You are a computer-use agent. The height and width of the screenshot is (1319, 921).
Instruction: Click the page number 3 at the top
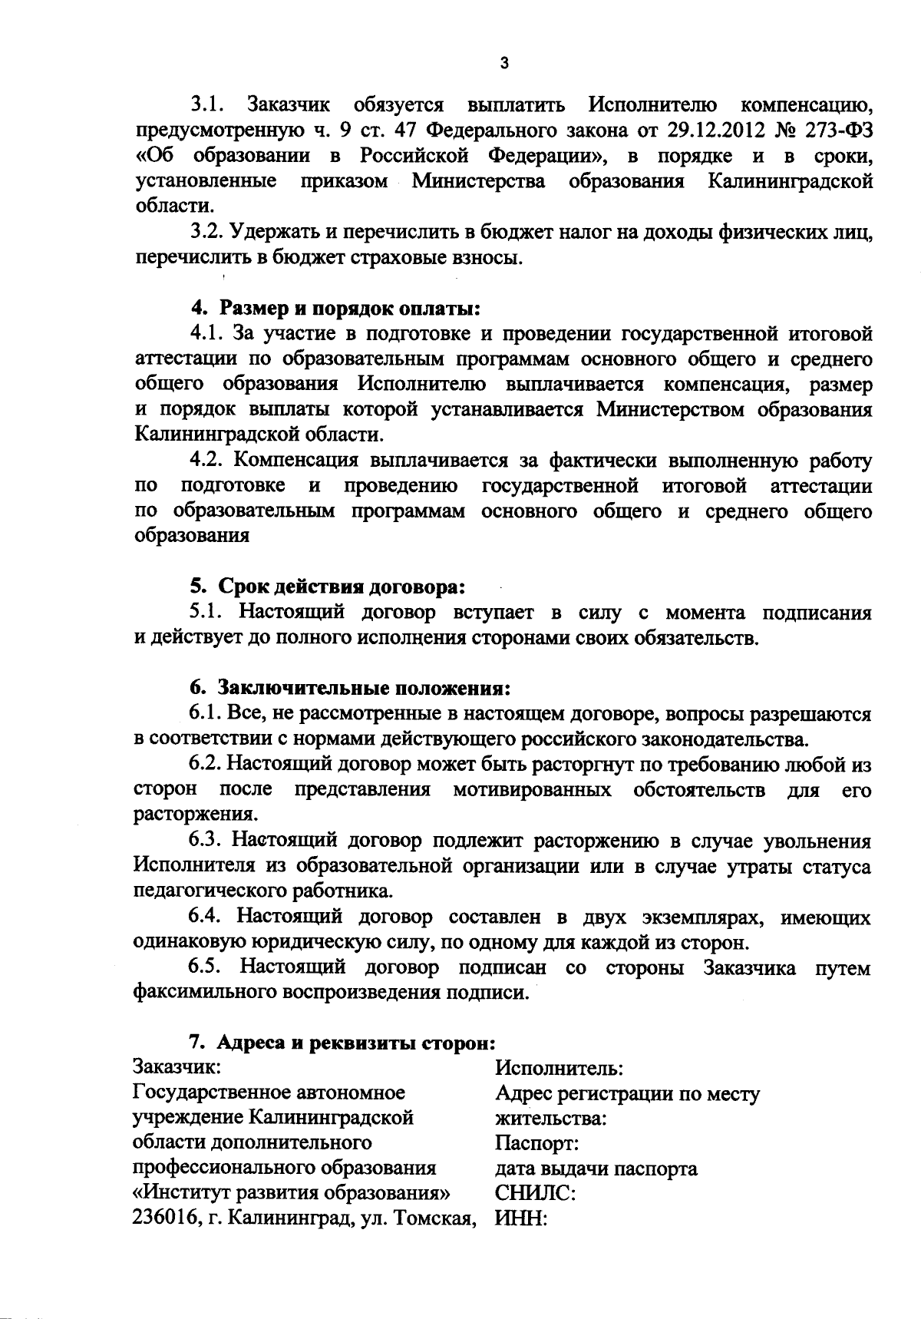[503, 63]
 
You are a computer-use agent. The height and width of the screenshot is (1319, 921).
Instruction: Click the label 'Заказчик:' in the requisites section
[178, 1068]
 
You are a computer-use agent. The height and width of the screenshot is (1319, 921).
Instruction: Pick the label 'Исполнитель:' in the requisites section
[559, 1068]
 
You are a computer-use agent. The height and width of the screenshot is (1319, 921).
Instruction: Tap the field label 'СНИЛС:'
[536, 1194]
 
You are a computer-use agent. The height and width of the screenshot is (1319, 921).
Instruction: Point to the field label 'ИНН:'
[521, 1219]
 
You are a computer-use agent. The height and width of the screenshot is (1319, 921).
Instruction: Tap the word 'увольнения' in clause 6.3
[818, 841]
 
